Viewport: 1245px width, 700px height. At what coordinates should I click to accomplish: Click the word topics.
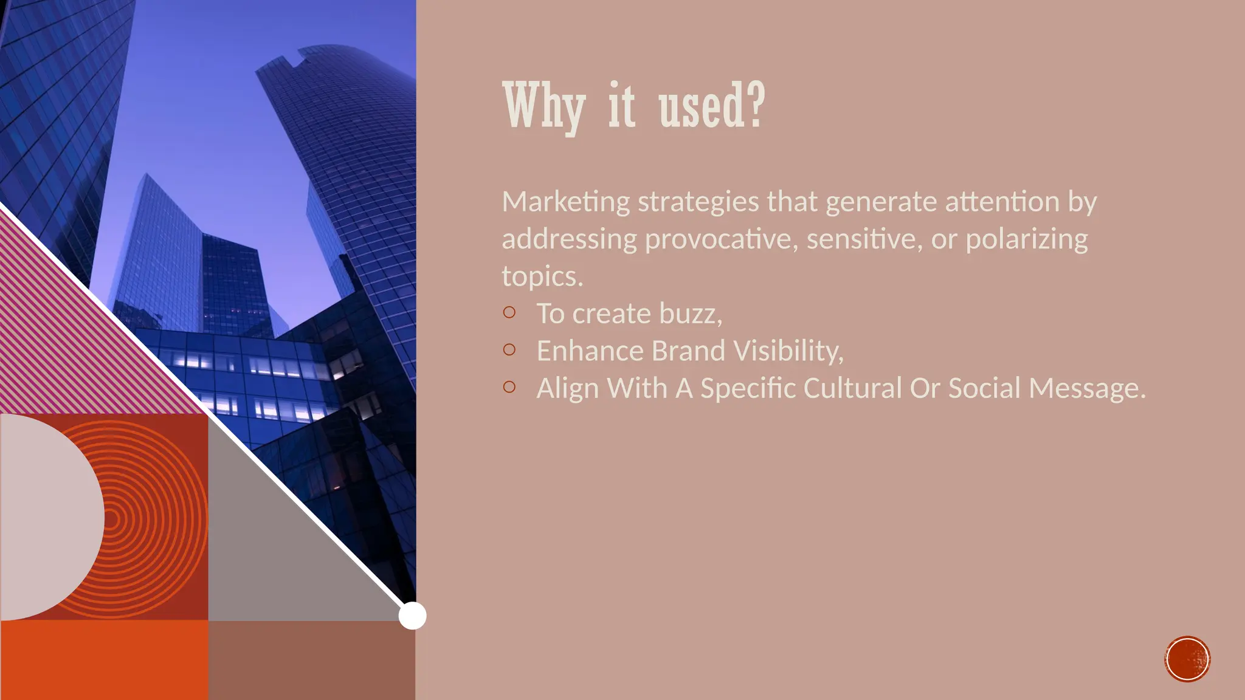pos(542,277)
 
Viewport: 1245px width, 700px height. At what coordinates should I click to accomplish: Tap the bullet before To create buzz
pos(509,312)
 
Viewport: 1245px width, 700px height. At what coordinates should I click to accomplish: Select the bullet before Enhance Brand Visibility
pos(509,349)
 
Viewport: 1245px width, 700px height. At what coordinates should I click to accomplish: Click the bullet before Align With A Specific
pos(509,386)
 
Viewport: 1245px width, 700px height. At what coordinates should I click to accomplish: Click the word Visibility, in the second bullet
pos(788,351)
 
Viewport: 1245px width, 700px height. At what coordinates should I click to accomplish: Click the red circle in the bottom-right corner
pos(1187,659)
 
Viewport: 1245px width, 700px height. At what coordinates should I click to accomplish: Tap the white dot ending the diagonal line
pos(412,616)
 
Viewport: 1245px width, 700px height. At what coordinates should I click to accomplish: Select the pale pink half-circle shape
pos(49,516)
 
